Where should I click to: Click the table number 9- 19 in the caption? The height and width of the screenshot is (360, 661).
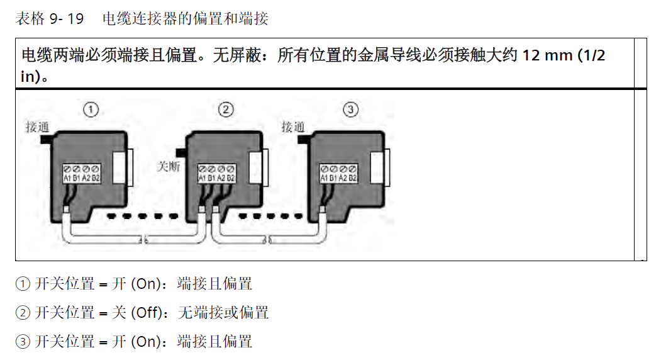click(x=66, y=19)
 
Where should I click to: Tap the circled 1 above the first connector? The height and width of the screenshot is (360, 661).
click(x=91, y=110)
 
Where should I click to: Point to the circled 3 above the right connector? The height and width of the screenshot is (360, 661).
click(x=351, y=110)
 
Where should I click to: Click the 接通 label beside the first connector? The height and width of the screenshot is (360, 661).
click(x=36, y=127)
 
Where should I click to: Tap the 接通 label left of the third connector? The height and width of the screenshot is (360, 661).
click(x=292, y=127)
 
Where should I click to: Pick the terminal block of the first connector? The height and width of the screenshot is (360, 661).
click(x=82, y=173)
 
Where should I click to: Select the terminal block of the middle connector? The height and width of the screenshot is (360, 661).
click(x=216, y=173)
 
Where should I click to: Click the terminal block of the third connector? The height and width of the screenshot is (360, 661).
click(x=338, y=173)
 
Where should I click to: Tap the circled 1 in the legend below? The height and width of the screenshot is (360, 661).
click(x=23, y=284)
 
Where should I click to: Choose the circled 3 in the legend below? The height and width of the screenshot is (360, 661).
click(x=23, y=342)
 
